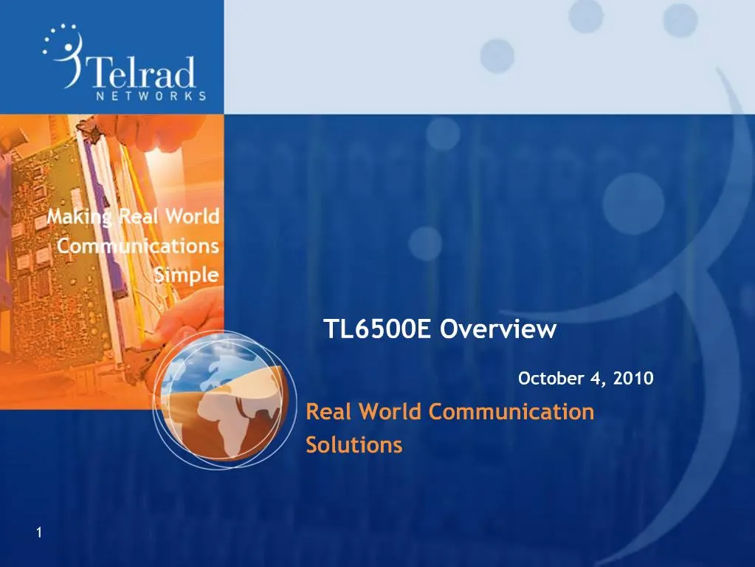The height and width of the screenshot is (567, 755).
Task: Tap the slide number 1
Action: coord(39,534)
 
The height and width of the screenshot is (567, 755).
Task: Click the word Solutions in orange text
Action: coord(354,445)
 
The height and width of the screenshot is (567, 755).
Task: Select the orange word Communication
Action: coord(511,411)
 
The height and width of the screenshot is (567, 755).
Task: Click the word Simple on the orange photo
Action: coord(187,275)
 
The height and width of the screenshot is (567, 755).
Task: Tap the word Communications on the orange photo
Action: coord(138,246)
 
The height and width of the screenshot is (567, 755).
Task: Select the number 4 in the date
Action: coord(595,379)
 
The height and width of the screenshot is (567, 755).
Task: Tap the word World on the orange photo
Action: coord(191,216)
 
